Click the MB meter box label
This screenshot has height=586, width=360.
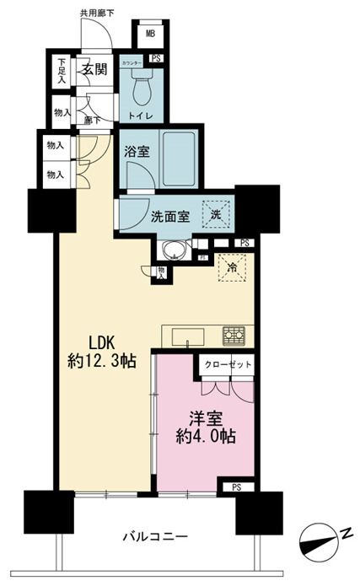[150, 35]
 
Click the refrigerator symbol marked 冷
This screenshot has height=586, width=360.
[228, 268]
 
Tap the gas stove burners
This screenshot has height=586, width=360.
[234, 336]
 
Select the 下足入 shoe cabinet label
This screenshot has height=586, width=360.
[62, 69]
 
